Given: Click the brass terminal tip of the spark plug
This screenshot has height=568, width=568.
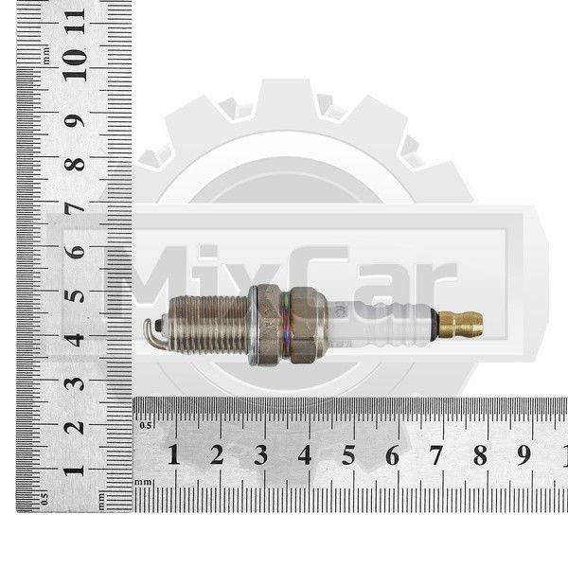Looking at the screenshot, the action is (x=460, y=323).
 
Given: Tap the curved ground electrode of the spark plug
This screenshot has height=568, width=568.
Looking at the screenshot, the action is (x=149, y=332).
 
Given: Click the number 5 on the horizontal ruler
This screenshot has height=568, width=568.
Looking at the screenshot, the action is (x=348, y=455).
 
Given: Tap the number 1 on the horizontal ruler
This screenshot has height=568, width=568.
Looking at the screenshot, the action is (x=174, y=454).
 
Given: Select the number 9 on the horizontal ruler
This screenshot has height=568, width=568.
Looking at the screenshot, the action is (x=524, y=455).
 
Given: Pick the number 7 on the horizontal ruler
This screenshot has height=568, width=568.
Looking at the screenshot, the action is (x=436, y=455).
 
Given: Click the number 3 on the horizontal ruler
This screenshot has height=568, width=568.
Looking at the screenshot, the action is (x=261, y=454).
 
